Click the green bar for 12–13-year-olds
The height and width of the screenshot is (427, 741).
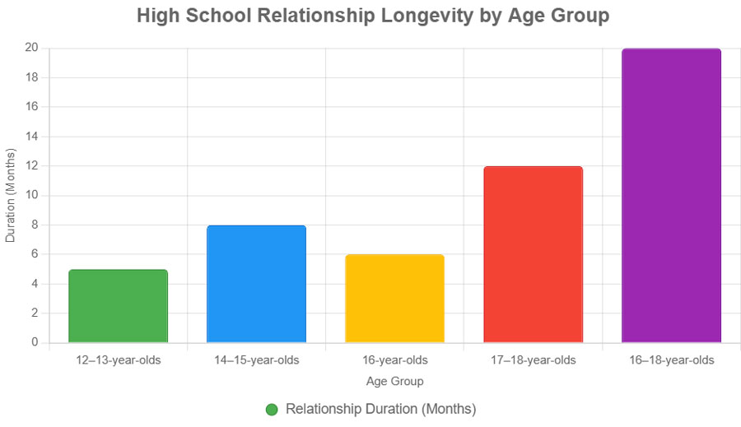click(x=118, y=306)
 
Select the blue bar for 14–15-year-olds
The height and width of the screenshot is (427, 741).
click(x=256, y=284)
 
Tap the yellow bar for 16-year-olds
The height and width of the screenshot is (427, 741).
click(x=394, y=299)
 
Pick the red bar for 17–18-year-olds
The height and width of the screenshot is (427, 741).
click(x=533, y=254)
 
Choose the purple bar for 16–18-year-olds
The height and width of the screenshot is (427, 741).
click(x=671, y=196)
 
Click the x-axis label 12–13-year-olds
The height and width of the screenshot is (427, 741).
click(x=118, y=360)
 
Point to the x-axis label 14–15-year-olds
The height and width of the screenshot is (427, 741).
click(x=256, y=360)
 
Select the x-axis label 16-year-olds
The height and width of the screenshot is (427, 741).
click(x=394, y=360)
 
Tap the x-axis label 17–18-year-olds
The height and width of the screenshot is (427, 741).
click(x=533, y=360)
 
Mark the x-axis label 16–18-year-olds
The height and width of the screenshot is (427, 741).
click(x=671, y=360)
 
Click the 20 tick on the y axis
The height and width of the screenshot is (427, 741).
click(x=31, y=48)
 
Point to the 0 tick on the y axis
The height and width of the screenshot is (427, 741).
click(x=35, y=342)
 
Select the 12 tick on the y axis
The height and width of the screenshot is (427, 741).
click(x=31, y=165)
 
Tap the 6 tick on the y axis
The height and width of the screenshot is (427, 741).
click(x=35, y=254)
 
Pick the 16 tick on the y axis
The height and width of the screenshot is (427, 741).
click(x=31, y=107)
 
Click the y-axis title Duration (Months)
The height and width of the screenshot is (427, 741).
click(x=11, y=195)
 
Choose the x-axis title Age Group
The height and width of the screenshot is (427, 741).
click(x=394, y=382)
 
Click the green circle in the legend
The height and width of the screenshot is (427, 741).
click(x=272, y=410)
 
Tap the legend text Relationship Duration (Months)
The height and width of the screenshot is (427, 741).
click(x=380, y=409)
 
